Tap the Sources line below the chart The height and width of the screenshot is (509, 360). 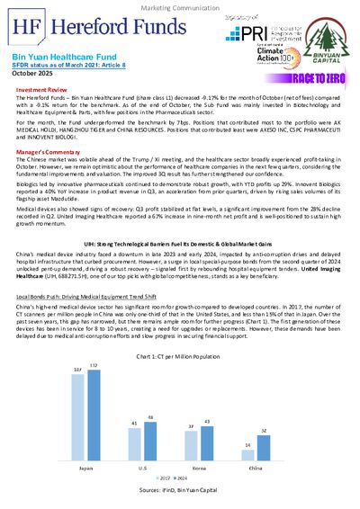(180, 492)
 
